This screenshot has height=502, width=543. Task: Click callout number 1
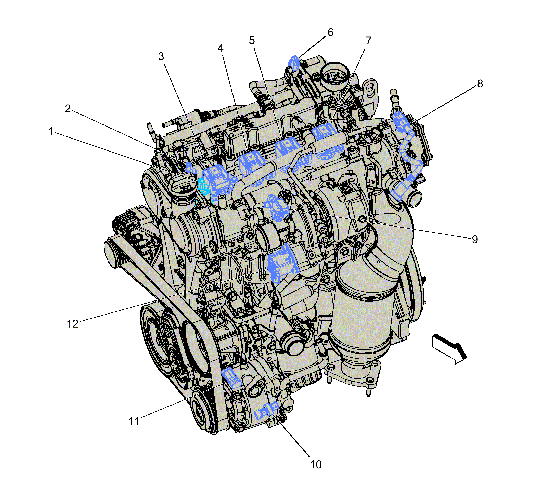(50, 131)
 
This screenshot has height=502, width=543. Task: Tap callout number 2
(68, 109)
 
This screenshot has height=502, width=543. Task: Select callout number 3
(161, 57)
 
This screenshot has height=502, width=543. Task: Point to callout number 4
(221, 48)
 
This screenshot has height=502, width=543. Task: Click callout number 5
(252, 41)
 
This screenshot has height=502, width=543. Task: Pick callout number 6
(330, 32)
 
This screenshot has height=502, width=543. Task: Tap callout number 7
(368, 41)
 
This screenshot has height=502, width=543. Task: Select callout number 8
(480, 84)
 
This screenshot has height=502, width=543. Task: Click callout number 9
(475, 239)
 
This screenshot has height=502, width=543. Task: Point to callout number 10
(316, 465)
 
